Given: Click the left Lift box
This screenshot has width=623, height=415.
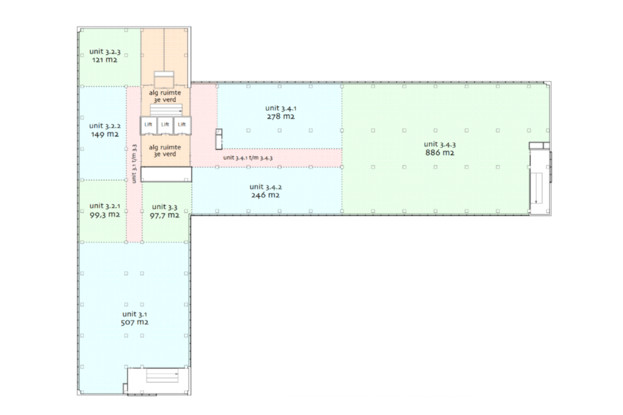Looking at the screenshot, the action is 148,125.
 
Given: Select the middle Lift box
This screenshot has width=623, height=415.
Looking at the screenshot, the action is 165,125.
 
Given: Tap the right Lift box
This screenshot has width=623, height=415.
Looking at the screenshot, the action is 182,125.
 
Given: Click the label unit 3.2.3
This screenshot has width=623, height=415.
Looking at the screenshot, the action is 105,52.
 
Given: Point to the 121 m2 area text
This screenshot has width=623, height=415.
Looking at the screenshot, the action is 105,60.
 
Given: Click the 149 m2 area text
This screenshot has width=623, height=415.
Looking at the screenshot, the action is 105,134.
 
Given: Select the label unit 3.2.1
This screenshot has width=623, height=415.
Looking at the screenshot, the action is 105,205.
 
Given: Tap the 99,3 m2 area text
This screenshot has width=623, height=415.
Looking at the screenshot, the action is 105,214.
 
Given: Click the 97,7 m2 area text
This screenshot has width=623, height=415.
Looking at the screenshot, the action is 164,216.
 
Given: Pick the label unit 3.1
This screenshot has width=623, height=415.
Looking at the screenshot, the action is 134,314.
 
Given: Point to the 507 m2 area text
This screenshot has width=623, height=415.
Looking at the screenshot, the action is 134,322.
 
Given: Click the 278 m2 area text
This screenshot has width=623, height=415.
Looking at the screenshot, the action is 281,117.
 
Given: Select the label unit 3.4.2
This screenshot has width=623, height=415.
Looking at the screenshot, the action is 265,187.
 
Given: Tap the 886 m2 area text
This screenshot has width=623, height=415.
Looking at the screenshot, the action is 440,153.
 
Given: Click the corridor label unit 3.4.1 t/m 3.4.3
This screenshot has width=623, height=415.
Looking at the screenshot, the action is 248,157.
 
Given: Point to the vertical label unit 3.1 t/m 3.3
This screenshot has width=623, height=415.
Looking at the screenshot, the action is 134,163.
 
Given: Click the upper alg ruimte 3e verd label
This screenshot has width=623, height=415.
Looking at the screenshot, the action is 165,96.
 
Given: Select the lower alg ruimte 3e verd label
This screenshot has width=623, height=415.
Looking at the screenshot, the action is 165,150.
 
